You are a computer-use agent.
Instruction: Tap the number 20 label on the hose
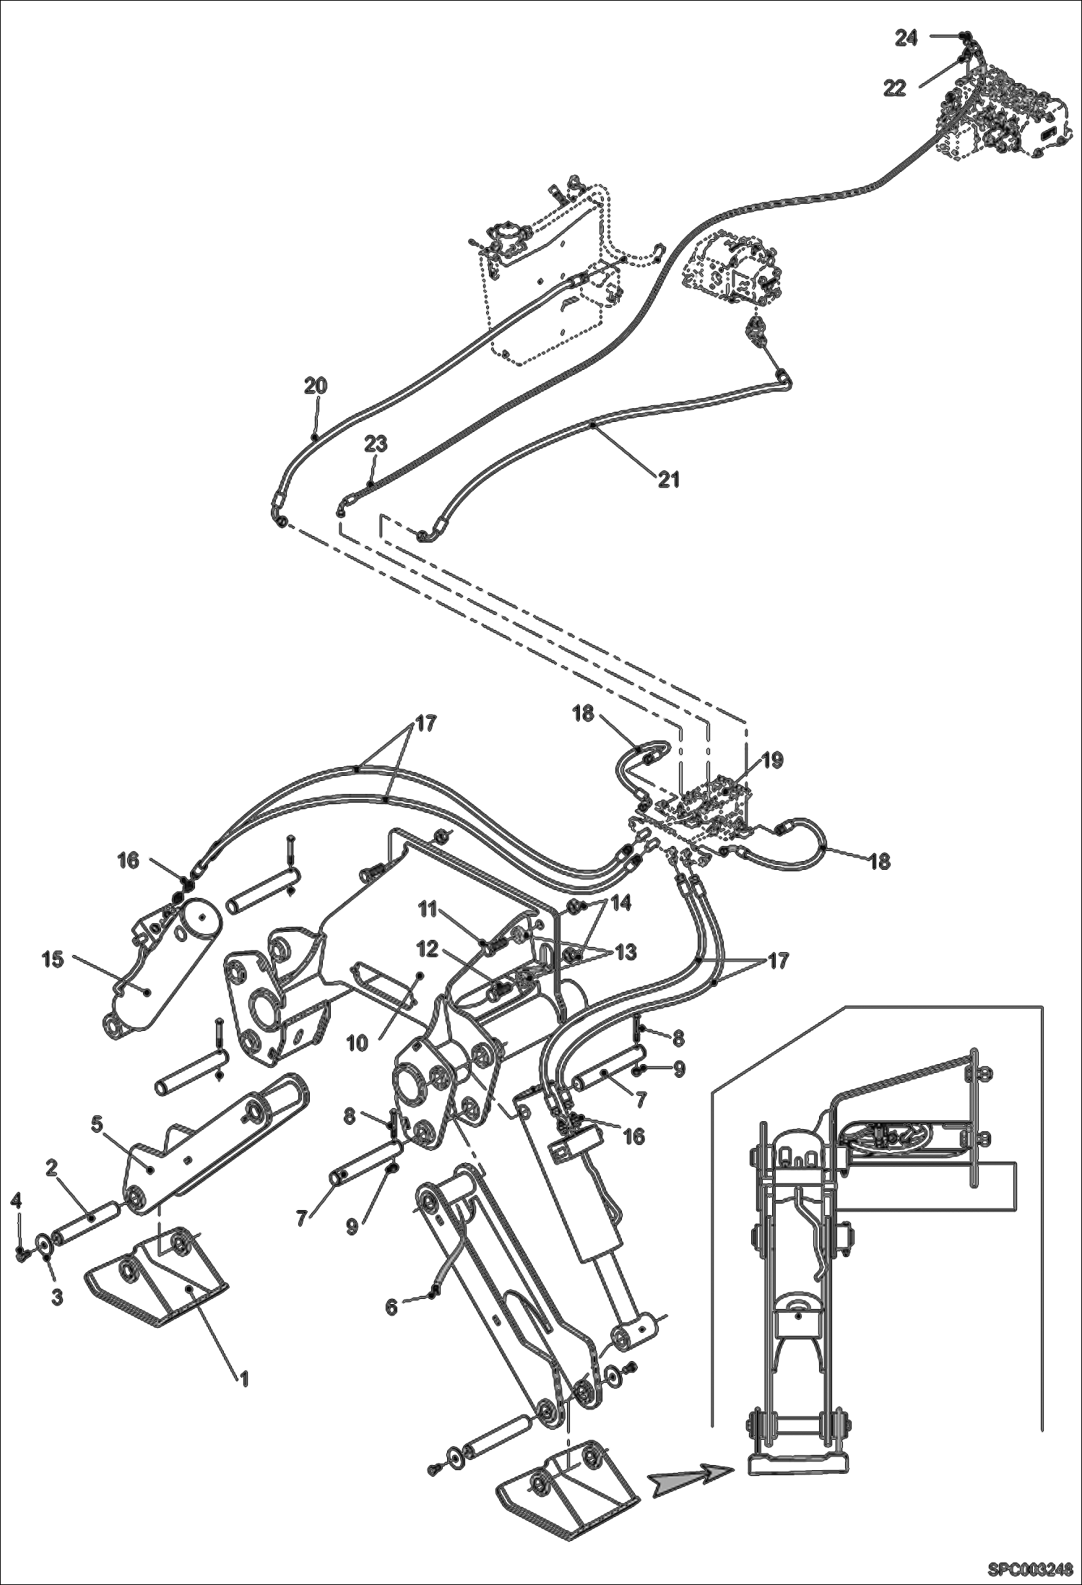[x=315, y=386]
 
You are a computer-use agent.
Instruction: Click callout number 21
[x=669, y=478]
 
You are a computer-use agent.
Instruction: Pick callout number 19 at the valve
[x=771, y=760]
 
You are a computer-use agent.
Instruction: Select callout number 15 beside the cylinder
[x=52, y=959]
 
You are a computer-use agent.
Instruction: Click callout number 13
[x=625, y=952]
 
